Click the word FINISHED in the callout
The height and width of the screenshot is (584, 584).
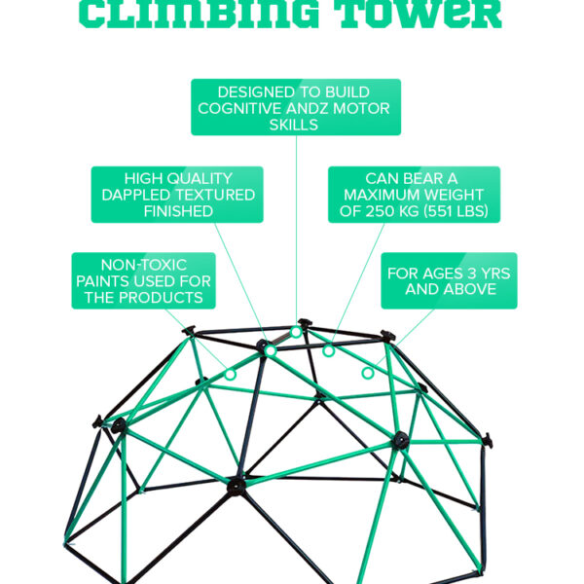(x=178, y=210)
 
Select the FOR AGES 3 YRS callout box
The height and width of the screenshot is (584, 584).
(x=450, y=281)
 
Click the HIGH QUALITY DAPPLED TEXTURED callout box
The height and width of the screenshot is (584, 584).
(x=178, y=195)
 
